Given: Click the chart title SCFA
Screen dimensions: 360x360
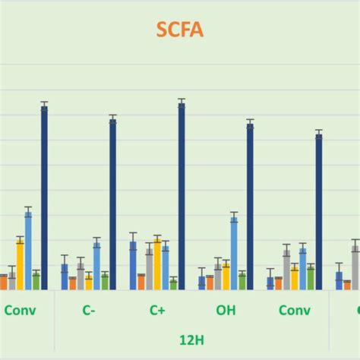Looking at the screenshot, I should (181, 30).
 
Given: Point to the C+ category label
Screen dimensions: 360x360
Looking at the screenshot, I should (158, 311).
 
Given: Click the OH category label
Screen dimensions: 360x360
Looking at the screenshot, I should (226, 311).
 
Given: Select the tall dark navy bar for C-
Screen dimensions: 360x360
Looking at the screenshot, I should (113, 205).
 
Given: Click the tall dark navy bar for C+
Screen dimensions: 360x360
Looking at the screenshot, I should (182, 197).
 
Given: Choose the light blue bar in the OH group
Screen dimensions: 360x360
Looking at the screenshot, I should (234, 254).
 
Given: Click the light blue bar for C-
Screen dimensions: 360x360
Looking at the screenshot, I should (96, 266).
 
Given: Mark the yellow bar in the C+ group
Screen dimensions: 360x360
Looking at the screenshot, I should (157, 264).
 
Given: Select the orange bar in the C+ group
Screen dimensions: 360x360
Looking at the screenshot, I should (141, 283).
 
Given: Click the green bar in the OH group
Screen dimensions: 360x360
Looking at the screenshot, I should (242, 282).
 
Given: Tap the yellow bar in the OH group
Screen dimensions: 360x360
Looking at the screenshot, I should (226, 276).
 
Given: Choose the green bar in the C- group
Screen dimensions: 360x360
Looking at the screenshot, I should (105, 282).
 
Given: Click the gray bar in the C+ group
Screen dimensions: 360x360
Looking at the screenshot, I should (149, 269).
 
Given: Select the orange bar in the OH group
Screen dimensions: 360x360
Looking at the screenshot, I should (210, 283).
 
